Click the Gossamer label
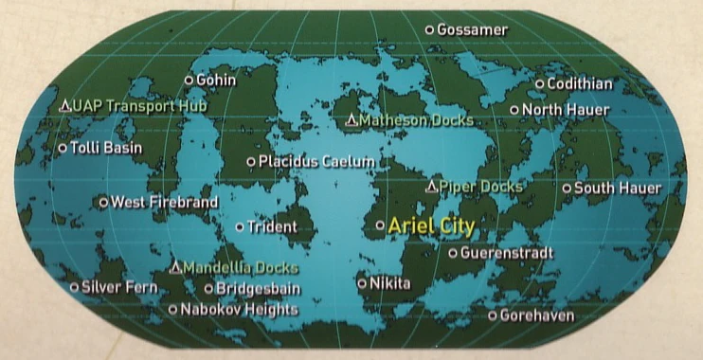click(x=472, y=30)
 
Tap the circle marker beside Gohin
click(x=189, y=81)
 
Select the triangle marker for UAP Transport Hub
click(x=64, y=104)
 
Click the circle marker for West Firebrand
click(x=104, y=202)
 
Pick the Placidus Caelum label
click(x=317, y=162)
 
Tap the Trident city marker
click(x=240, y=226)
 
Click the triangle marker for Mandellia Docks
click(x=175, y=268)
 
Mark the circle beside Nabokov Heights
click(x=172, y=309)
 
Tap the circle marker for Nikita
click(x=362, y=282)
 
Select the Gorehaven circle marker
click(x=493, y=315)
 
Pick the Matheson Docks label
click(x=417, y=121)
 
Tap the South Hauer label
click(x=618, y=188)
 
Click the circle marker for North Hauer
click(x=514, y=110)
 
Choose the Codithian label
click(x=580, y=84)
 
